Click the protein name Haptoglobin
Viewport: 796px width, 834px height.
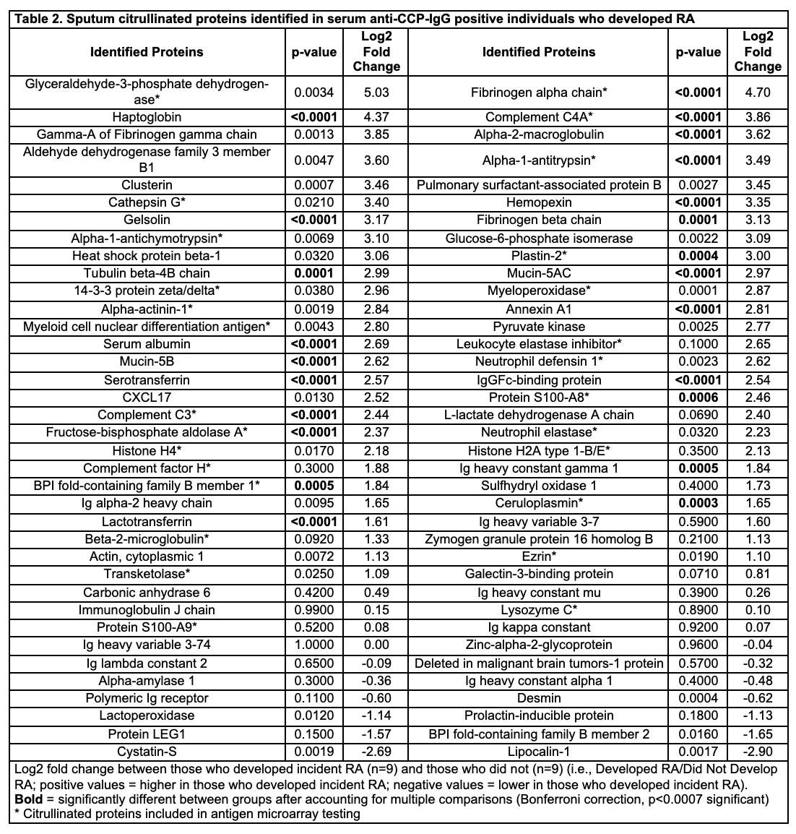[x=147, y=117]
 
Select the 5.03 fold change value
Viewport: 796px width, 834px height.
[x=376, y=92]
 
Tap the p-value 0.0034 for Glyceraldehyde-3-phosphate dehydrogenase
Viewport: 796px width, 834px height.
[x=314, y=92]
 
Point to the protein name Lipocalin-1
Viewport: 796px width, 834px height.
[x=539, y=752]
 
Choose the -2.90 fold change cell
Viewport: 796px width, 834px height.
[x=758, y=752]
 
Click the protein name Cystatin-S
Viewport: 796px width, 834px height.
[x=147, y=752]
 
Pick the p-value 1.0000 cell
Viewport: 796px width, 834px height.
[x=314, y=645]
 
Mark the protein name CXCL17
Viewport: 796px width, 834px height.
[x=147, y=397]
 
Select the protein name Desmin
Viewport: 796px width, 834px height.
[x=539, y=698]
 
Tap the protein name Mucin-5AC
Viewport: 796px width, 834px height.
[x=539, y=273]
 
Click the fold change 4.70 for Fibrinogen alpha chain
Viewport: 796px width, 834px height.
[x=758, y=92]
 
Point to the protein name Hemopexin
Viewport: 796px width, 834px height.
[x=539, y=202]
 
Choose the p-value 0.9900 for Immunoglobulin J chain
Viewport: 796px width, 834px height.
[x=314, y=610]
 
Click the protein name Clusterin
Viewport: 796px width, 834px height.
[x=147, y=185]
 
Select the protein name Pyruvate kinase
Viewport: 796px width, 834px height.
[x=539, y=327]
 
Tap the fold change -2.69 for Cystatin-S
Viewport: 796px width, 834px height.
[x=376, y=752]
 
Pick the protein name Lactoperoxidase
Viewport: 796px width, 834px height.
[x=147, y=715]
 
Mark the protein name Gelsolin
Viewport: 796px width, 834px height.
[x=147, y=220]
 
